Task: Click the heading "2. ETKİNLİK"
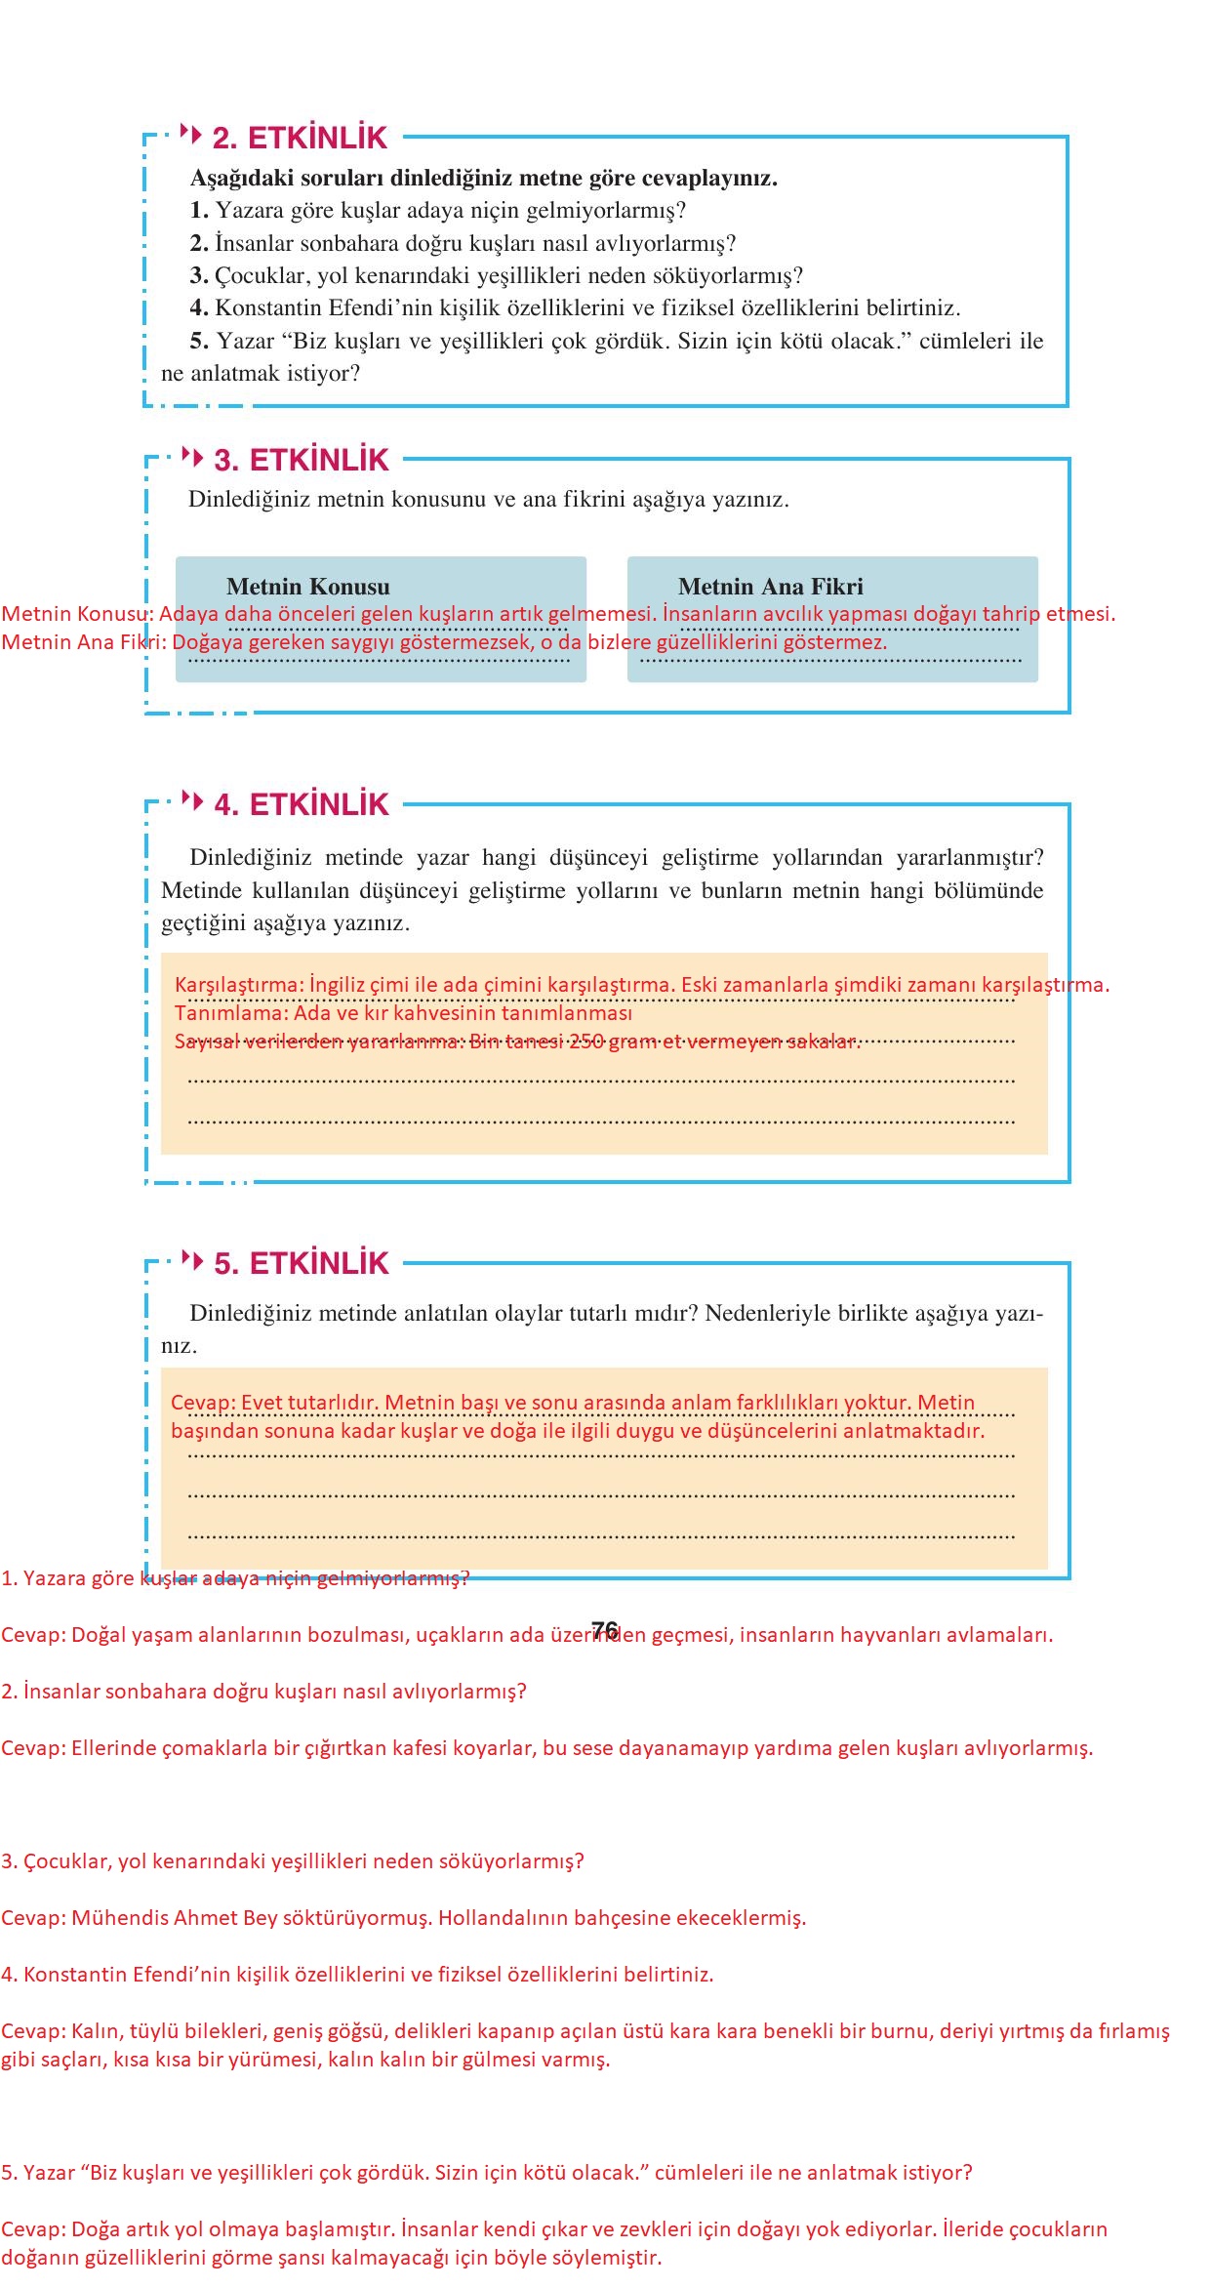click(300, 138)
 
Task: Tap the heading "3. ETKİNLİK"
click(301, 459)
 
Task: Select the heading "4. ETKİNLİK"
click(301, 804)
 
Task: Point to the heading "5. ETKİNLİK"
click(301, 1263)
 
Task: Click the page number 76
click(604, 1630)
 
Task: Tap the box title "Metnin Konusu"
click(307, 587)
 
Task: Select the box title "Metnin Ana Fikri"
click(770, 587)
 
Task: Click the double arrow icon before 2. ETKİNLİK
click(192, 134)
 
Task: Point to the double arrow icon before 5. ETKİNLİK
click(193, 1260)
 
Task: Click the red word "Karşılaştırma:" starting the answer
click(239, 984)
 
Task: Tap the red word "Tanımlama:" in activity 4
click(231, 1012)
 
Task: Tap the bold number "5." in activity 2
click(199, 341)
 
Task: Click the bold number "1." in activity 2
click(199, 211)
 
